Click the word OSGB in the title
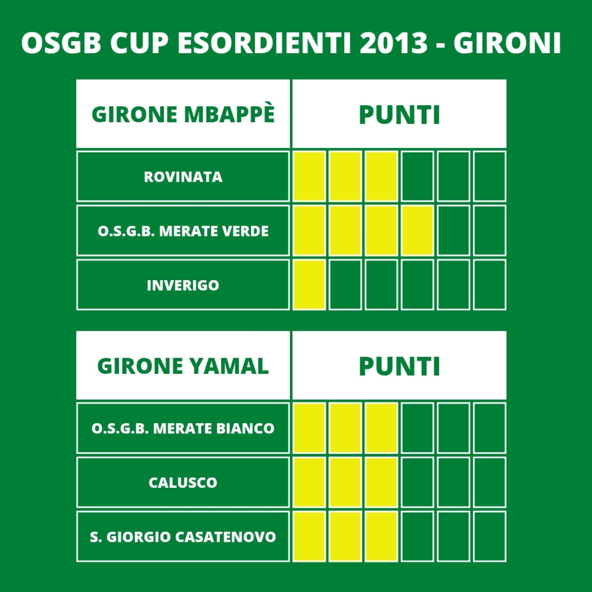coord(61,43)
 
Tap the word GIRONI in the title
coord(507,43)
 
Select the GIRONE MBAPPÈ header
coord(183,114)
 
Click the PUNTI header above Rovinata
coord(399,115)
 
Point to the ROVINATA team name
coord(183,177)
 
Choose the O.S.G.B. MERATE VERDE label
coord(183,231)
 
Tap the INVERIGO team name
coord(183,285)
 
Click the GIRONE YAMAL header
coord(183,366)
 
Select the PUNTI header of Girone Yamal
coord(399,366)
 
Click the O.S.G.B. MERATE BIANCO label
coord(183,428)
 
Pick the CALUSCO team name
coord(183,483)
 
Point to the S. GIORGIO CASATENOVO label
coord(183,537)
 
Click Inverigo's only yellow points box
coord(310,285)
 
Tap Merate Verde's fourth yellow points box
coord(418,231)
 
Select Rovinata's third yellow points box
coord(382,176)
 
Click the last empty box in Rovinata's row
coord(490,176)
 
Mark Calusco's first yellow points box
coord(310,482)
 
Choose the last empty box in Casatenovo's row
coord(490,536)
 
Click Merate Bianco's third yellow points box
coord(382,428)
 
